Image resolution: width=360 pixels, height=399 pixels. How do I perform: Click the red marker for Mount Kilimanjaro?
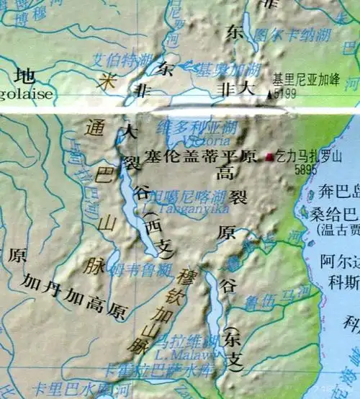click(270, 156)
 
